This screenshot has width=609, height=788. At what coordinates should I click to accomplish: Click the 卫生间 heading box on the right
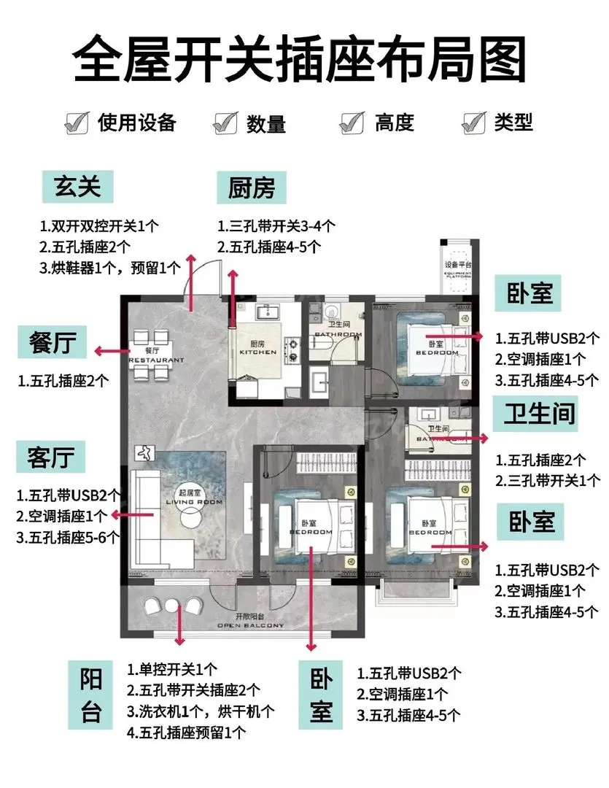tap(540, 414)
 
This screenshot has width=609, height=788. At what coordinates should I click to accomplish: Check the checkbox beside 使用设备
tap(77, 122)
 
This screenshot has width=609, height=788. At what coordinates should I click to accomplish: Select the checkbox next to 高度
tap(353, 122)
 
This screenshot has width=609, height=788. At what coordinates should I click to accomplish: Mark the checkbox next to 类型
tap(474, 122)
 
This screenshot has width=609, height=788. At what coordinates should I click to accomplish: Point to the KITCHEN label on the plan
tap(257, 352)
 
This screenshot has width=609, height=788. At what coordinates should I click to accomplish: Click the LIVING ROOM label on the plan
tap(193, 502)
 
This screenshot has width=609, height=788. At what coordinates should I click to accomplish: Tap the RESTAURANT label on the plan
tap(156, 360)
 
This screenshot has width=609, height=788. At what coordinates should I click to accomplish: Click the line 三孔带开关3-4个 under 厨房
tap(276, 227)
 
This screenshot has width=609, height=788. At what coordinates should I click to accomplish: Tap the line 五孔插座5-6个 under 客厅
tap(69, 538)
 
